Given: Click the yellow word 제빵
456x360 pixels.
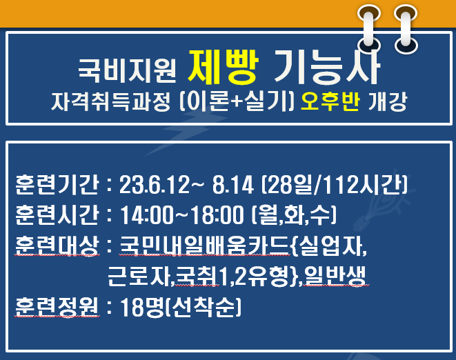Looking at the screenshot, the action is [x=223, y=67].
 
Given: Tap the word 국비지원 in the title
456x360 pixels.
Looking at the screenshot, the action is [x=127, y=70].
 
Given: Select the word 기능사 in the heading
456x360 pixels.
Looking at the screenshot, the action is [x=327, y=67].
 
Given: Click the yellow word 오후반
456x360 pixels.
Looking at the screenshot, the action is [x=330, y=102].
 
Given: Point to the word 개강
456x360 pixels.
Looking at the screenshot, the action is [x=387, y=102].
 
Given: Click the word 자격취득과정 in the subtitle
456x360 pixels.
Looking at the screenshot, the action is [x=110, y=102].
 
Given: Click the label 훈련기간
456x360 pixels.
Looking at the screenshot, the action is [x=57, y=184].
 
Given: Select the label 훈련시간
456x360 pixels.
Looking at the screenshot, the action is [x=57, y=215].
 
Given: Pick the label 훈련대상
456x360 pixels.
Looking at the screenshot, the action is [x=57, y=246].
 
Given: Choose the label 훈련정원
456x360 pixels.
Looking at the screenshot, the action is [x=57, y=307].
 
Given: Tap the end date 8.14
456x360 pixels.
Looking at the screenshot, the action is [x=233, y=185].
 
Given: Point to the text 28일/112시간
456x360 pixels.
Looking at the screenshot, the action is [x=335, y=185].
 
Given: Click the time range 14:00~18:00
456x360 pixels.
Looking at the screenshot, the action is [x=182, y=215].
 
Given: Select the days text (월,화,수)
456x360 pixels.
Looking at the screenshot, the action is [x=294, y=215].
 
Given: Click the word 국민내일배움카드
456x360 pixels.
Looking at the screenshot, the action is [x=204, y=246].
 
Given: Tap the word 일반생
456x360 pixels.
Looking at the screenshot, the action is [x=335, y=277].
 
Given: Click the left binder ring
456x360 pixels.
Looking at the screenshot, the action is [x=369, y=28].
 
